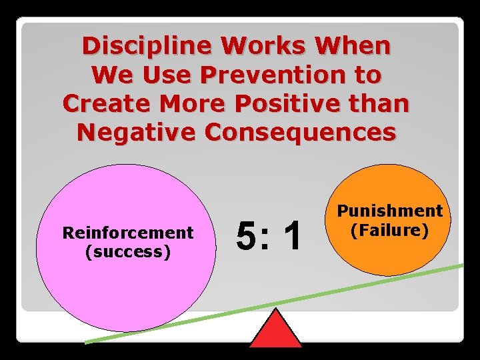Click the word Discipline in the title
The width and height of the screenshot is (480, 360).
point(148,46)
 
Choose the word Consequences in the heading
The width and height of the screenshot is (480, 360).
point(300,133)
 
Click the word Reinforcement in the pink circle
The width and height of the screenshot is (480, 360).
point(127,233)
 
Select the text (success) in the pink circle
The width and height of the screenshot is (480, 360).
point(127,251)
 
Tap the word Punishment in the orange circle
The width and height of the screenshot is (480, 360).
point(389,211)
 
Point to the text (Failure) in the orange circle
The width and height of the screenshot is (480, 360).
point(389,230)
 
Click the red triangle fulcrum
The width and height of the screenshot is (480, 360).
point(275,331)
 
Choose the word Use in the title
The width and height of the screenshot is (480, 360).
point(149,75)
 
